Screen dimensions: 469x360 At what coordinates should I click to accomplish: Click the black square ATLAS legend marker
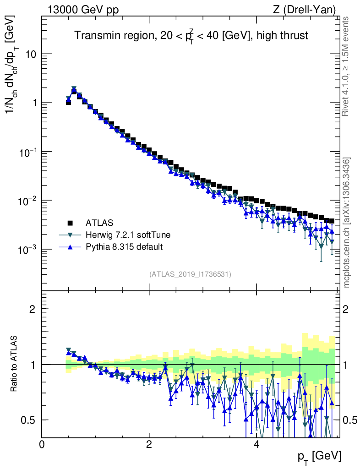pos(70,223)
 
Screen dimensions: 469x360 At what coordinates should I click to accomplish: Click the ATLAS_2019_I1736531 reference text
pos(190,274)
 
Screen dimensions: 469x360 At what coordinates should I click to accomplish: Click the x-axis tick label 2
pos(149,445)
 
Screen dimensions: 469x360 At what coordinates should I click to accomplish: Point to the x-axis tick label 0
pos(42,445)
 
